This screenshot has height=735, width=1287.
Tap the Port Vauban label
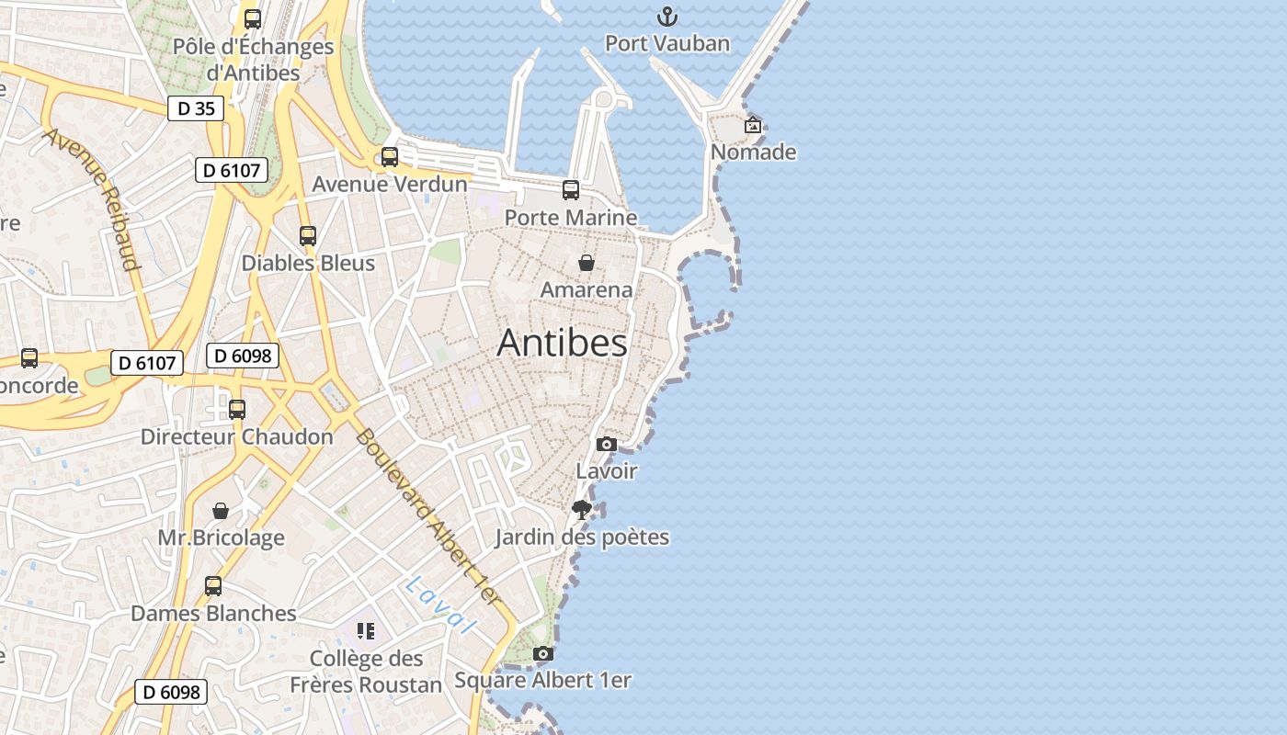(x=667, y=43)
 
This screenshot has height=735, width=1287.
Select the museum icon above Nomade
(x=753, y=125)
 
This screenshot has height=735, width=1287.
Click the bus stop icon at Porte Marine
(x=571, y=190)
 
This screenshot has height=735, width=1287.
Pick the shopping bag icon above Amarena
(x=587, y=264)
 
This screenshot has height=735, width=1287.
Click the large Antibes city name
(x=563, y=343)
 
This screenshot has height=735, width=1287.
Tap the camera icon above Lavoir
(x=606, y=445)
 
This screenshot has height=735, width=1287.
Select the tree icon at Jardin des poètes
(x=581, y=510)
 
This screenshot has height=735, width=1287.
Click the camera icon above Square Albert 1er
(x=543, y=654)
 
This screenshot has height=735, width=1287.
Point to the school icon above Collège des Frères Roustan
(x=366, y=631)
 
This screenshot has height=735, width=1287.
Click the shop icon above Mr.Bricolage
(x=221, y=511)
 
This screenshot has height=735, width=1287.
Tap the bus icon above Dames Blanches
(x=213, y=586)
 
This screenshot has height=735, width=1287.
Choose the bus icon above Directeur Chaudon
(x=237, y=410)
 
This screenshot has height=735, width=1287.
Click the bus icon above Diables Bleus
(x=308, y=236)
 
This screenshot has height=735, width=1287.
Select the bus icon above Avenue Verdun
(x=390, y=157)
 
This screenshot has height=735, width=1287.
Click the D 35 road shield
(x=196, y=108)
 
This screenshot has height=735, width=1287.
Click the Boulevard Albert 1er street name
(x=429, y=517)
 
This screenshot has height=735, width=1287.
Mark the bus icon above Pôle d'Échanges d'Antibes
(x=252, y=18)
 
